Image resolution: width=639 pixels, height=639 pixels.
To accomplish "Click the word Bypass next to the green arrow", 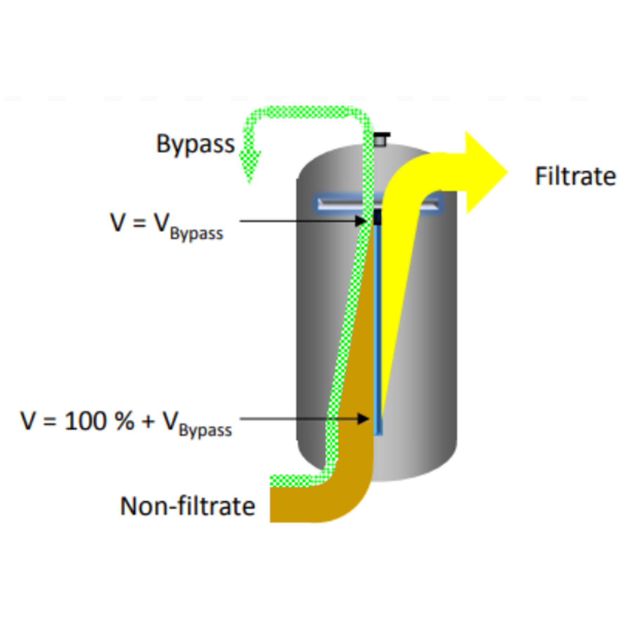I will [x=195, y=144].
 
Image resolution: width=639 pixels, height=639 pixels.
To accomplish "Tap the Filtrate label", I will [x=575, y=176].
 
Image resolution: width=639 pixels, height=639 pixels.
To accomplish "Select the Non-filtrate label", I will [x=187, y=506].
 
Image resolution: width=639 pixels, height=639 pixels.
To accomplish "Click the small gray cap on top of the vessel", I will [x=381, y=139].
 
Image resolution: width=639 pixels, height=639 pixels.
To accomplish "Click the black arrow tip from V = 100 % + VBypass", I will [x=363, y=418].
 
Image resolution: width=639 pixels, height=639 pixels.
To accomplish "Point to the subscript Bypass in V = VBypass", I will [x=196, y=234].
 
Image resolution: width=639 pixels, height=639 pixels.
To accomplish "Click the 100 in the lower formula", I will [x=85, y=420].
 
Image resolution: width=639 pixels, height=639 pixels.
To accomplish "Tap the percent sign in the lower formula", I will [x=124, y=420].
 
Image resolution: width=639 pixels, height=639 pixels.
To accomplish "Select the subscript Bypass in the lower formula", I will [x=205, y=430].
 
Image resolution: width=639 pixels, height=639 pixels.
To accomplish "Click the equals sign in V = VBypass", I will [x=139, y=222].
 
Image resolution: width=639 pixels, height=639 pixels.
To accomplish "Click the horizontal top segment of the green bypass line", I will [x=306, y=112].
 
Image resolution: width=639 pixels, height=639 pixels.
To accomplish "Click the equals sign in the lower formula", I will [x=50, y=421].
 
